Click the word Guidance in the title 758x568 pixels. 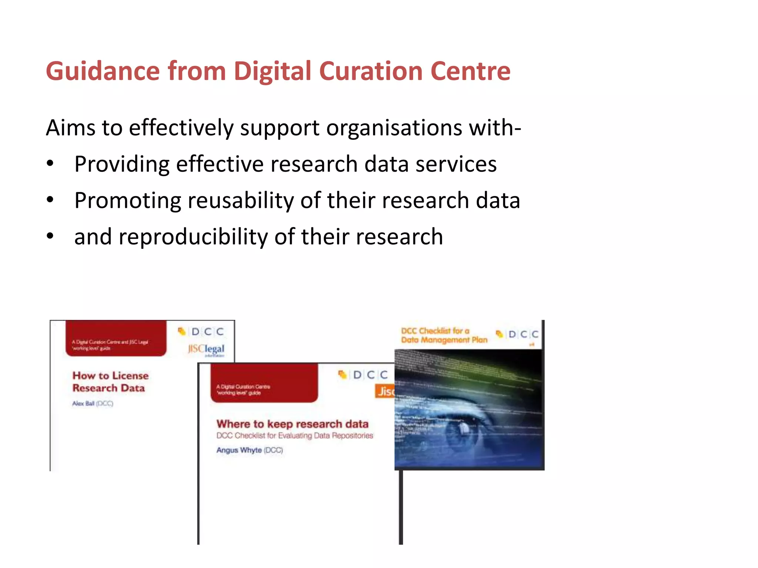pyautogui.click(x=103, y=71)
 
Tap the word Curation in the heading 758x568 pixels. pyautogui.click(x=370, y=71)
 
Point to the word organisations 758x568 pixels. pyautogui.click(x=394, y=128)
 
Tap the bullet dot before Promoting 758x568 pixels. pyautogui.click(x=50, y=200)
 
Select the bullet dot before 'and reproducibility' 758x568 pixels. pyautogui.click(x=50, y=236)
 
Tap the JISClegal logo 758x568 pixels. pyautogui.click(x=206, y=349)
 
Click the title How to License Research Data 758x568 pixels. pyautogui.click(x=110, y=382)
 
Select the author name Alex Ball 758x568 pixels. pyautogui.click(x=84, y=403)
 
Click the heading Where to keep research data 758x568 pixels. pyautogui.click(x=292, y=424)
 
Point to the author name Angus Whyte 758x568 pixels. pyautogui.click(x=239, y=450)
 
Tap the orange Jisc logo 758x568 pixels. pyautogui.click(x=385, y=391)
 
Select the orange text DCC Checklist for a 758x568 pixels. pyautogui.click(x=435, y=331)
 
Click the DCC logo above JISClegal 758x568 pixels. pyautogui.click(x=202, y=331)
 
